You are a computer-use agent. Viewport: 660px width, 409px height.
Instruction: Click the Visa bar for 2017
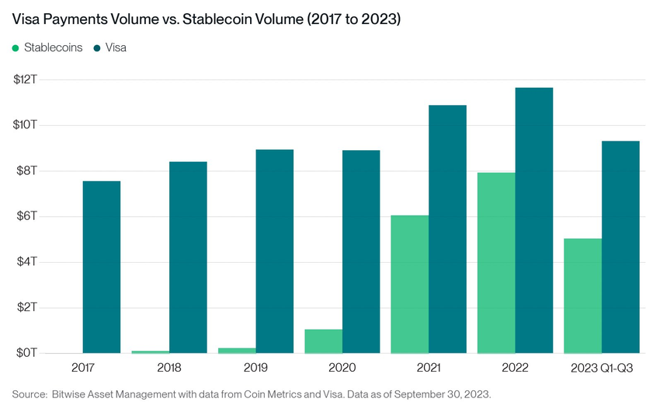pyautogui.click(x=102, y=267)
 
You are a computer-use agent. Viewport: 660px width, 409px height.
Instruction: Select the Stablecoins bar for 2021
pyautogui.click(x=409, y=284)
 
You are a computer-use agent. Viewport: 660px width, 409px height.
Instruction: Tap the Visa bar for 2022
pyautogui.click(x=534, y=220)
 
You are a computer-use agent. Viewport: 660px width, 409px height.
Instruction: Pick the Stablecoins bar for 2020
pyautogui.click(x=323, y=341)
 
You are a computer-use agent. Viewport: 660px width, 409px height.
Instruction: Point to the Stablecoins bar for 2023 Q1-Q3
pyautogui.click(x=582, y=295)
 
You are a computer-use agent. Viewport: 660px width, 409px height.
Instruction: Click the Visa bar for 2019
pyautogui.click(x=275, y=251)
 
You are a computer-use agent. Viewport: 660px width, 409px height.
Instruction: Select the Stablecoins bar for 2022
pyautogui.click(x=496, y=262)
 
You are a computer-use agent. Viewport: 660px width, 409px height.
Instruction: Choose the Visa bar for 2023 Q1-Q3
pyautogui.click(x=620, y=246)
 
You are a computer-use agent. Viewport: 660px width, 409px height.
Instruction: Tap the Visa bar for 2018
pyautogui.click(x=188, y=257)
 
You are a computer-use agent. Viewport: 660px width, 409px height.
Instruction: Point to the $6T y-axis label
pyautogui.click(x=29, y=215)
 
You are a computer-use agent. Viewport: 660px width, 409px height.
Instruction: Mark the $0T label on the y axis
pyautogui.click(x=29, y=352)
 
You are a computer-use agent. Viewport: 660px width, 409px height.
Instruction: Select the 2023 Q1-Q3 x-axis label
pyautogui.click(x=603, y=367)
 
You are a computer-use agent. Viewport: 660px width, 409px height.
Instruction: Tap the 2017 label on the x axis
pyautogui.click(x=83, y=367)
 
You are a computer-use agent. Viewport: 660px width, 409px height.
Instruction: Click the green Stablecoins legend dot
pyautogui.click(x=16, y=48)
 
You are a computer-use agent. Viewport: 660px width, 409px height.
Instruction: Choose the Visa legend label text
pyautogui.click(x=116, y=47)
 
